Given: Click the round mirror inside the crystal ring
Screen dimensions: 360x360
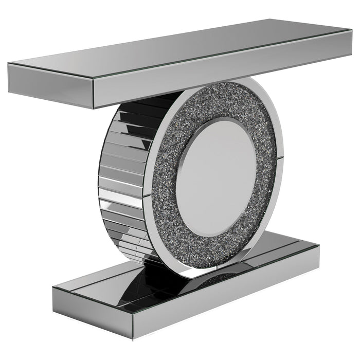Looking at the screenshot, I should click(216, 177).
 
